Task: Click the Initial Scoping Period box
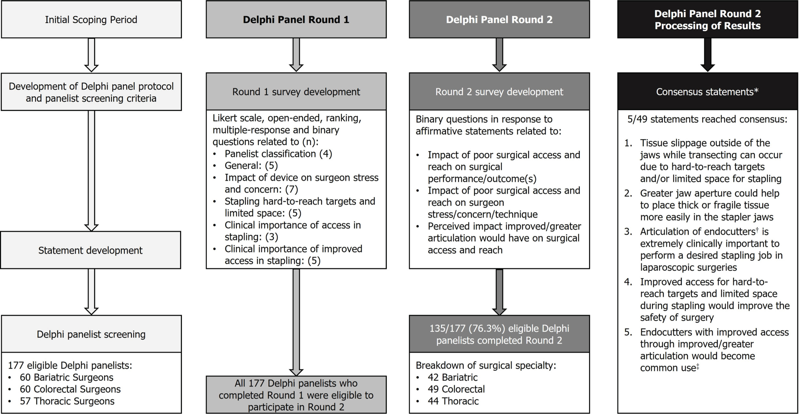91,19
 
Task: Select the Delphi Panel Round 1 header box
296,19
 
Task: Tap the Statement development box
90,250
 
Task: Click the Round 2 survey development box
499,92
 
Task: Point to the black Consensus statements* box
707,92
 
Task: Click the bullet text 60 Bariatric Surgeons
66,377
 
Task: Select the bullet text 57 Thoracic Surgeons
67,401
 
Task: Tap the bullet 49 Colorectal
456,389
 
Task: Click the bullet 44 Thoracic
453,401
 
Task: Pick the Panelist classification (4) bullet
278,154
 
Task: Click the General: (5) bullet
251,166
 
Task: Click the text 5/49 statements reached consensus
707,119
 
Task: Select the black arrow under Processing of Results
707,55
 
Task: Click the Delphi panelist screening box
91,334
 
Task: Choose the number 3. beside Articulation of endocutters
628,232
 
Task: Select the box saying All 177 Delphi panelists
296,395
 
